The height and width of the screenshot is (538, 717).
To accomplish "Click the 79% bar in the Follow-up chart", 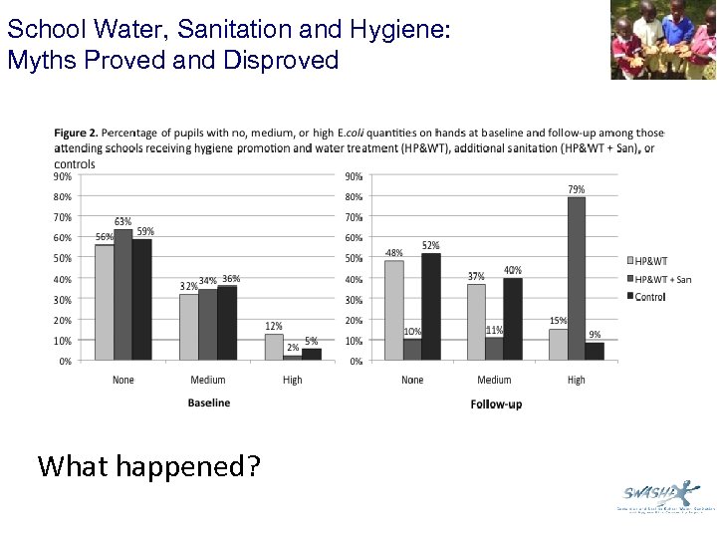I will point(577,279).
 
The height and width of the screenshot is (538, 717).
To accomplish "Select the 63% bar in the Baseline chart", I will point(122,295).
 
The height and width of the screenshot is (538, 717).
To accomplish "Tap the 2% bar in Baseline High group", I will point(292,357).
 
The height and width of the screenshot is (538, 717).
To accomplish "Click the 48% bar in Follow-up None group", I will point(393,310).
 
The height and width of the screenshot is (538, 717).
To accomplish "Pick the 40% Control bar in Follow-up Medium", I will point(513,319).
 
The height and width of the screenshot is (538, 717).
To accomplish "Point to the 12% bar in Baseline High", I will point(273,347).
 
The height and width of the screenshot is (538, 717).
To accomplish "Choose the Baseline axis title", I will point(208,403).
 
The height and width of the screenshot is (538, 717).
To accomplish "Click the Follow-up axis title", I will point(495,403).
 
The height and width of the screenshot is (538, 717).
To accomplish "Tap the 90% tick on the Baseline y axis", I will point(62,176).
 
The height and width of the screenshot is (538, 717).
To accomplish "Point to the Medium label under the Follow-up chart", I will point(494,380).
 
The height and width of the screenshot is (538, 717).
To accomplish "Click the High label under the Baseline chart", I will point(292,380).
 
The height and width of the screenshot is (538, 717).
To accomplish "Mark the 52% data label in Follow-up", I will point(430,245).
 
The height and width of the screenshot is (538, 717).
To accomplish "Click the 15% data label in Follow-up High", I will point(558,321).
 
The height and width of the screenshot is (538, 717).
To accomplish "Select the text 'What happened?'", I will point(148,464).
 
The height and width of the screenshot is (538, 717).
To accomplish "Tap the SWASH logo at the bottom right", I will point(658,494).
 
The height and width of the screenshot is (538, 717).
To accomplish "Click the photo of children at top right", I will point(662,40).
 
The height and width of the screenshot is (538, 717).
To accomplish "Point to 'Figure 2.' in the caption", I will point(77,133).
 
